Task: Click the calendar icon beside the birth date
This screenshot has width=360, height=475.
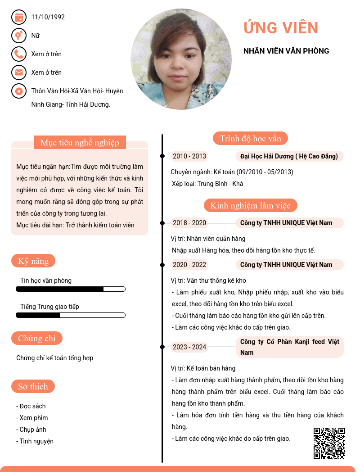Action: click(18, 17)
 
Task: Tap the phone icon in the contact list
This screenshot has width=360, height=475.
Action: click(18, 54)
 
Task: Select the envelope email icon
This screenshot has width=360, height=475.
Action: click(18, 72)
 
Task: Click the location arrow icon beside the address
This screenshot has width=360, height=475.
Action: click(18, 91)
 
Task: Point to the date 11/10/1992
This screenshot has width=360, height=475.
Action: click(48, 17)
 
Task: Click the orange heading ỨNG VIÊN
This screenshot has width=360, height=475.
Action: click(281, 28)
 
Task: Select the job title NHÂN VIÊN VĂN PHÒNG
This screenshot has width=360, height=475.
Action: click(286, 51)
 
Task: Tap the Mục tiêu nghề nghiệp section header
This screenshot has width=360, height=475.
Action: click(80, 143)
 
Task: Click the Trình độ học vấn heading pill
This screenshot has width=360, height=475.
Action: click(250, 138)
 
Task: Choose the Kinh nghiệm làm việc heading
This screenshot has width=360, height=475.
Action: click(251, 206)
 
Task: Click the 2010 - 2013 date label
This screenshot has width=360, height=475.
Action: click(189, 156)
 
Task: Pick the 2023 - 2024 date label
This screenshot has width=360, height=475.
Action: click(189, 347)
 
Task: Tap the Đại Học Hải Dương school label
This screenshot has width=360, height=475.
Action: click(289, 156)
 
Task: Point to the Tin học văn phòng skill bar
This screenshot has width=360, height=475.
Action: click(71, 289)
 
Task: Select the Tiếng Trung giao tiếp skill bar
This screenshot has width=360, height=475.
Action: click(71, 315)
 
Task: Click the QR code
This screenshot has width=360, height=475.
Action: click(329, 443)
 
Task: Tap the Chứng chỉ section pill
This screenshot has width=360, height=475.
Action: click(37, 338)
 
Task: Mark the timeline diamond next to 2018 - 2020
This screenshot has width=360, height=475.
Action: click(162, 223)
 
